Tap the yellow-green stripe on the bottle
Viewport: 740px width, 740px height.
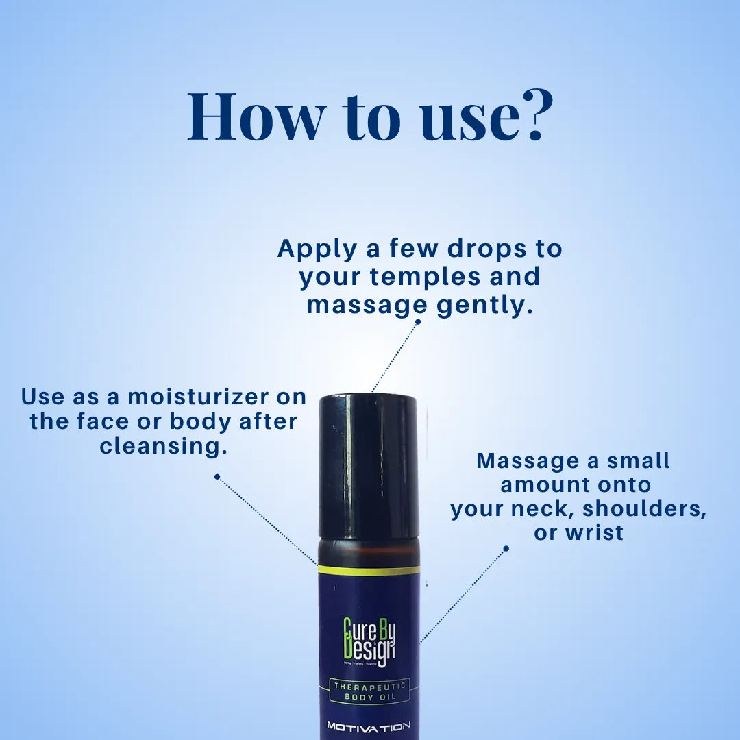(x=369, y=570)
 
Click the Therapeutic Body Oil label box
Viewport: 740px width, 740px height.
(x=369, y=691)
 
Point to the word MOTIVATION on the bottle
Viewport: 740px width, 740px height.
(x=369, y=726)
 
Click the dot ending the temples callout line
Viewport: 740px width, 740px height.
(x=418, y=321)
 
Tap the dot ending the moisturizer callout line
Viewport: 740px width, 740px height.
(x=217, y=476)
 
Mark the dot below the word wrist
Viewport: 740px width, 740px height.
(x=506, y=548)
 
